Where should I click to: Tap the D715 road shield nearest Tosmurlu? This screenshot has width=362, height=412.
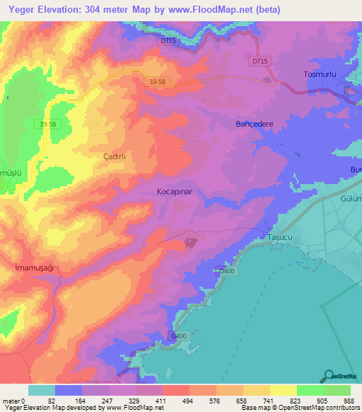point(259,62)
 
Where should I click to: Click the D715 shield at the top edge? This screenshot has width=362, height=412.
point(168,41)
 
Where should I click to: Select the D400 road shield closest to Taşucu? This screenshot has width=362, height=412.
point(227,270)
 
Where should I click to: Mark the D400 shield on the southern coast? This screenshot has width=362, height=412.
point(180,336)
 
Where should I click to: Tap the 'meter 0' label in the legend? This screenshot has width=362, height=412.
point(14,400)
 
